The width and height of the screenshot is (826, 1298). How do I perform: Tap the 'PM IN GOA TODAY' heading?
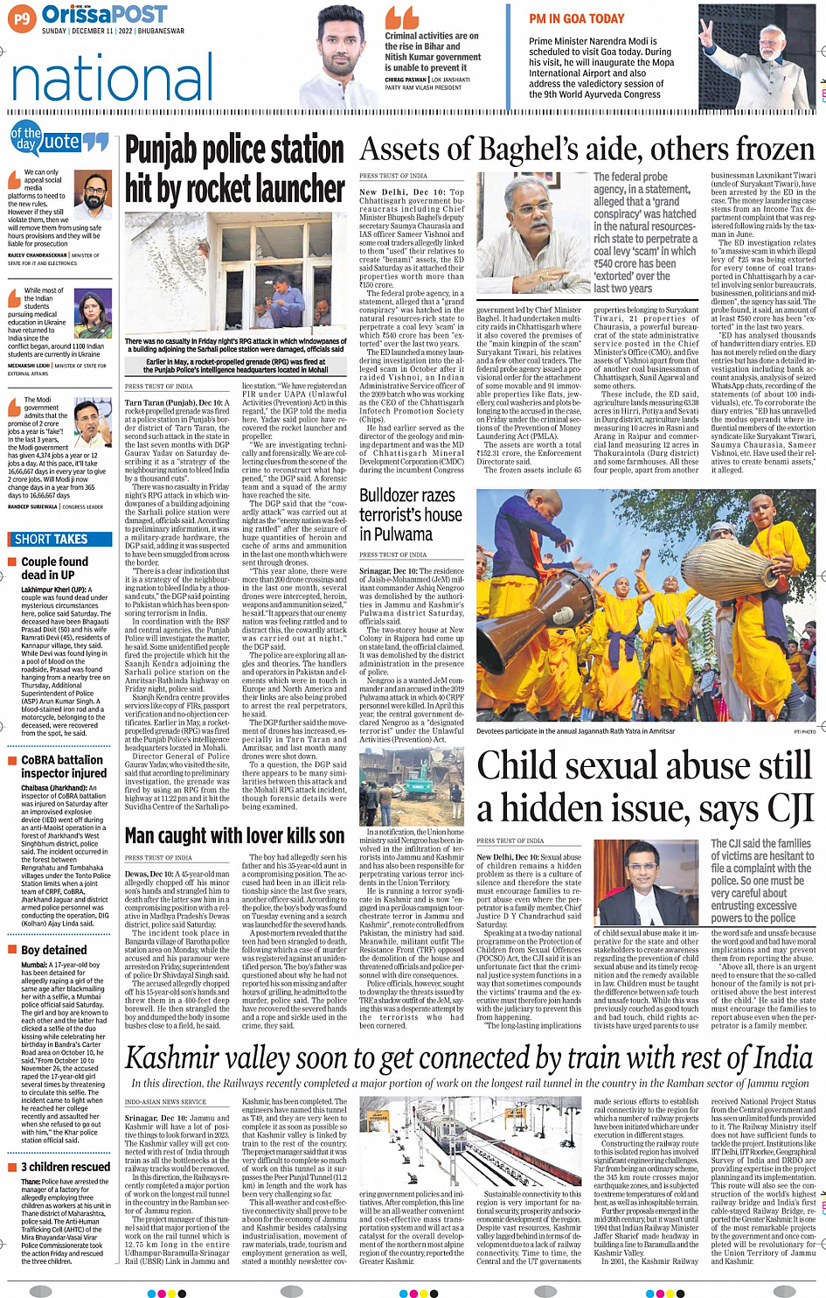click(x=576, y=18)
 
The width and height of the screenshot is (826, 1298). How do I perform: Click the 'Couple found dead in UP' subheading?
click(x=53, y=568)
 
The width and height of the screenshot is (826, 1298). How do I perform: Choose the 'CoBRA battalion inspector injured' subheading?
click(x=63, y=767)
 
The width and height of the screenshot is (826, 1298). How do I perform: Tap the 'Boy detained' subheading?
click(x=53, y=950)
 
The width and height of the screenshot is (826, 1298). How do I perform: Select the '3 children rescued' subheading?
click(x=66, y=1167)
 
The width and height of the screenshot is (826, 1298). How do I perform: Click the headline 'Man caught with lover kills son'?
click(x=234, y=836)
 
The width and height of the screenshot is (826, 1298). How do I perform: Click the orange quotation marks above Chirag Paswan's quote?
click(x=401, y=17)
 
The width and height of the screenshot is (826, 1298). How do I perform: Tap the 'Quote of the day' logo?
click(x=59, y=139)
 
